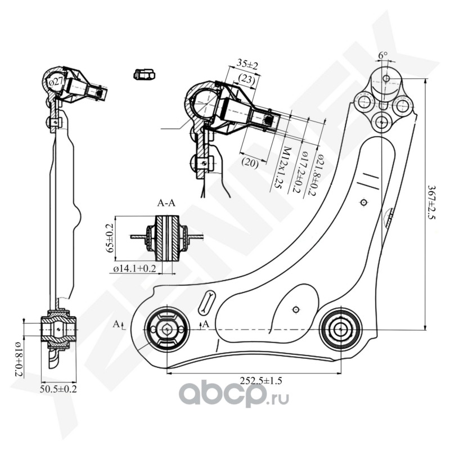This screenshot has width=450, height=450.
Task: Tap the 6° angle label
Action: (x=383, y=55)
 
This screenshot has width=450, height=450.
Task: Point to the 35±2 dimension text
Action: (x=247, y=64)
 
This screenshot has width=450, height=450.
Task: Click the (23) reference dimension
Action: (x=246, y=80)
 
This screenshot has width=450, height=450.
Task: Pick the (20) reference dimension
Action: (x=250, y=161)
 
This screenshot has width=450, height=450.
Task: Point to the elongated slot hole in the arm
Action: (x=206, y=304)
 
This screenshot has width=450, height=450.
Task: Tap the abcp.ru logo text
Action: (x=236, y=398)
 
